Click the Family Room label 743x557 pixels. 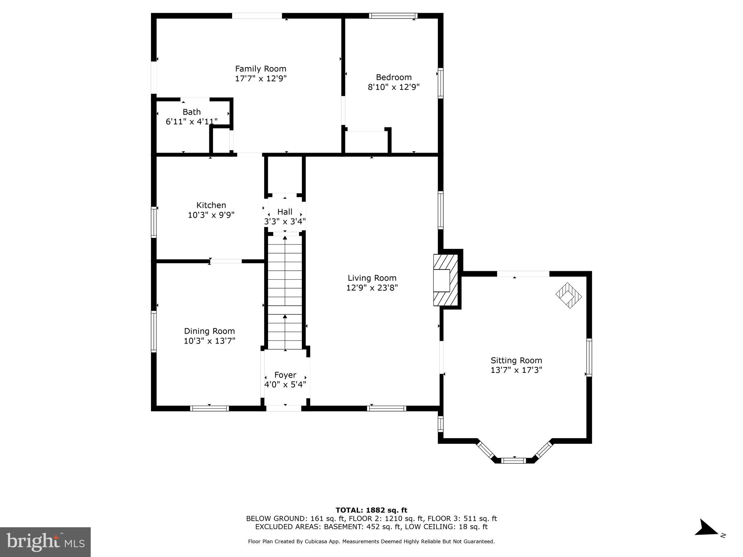click(260, 69)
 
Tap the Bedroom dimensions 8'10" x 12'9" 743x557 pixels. click(394, 87)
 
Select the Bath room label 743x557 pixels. click(191, 112)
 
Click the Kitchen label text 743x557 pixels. click(211, 205)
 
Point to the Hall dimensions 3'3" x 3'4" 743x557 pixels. click(285, 221)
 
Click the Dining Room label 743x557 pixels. click(209, 331)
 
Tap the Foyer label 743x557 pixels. click(285, 375)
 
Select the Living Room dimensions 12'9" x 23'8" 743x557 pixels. click(372, 288)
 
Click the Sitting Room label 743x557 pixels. click(516, 360)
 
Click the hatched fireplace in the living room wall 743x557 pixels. click(446, 280)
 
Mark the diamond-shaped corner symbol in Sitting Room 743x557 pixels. click(568, 296)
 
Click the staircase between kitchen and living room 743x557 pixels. click(285, 292)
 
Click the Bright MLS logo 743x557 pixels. click(45, 542)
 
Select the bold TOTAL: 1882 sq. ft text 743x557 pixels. click(371, 510)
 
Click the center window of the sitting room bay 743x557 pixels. click(513, 461)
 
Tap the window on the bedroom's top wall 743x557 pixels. click(393, 16)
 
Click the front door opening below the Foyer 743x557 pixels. click(284, 408)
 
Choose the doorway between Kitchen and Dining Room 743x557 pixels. click(226, 261)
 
